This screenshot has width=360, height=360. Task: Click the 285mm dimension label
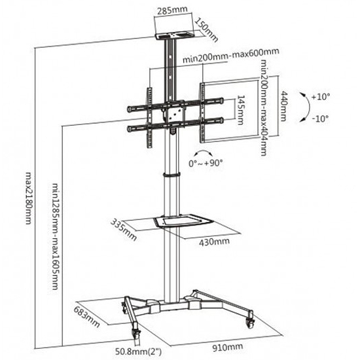(x=172, y=10)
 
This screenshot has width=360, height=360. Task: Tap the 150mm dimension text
(x=206, y=30)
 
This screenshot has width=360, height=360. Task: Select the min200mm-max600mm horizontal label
(x=231, y=56)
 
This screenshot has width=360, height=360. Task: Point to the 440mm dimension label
(x=284, y=106)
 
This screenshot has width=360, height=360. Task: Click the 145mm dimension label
(x=240, y=110)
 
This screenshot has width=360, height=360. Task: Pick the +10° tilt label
(x=321, y=97)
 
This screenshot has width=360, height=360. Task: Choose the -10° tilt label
(x=321, y=118)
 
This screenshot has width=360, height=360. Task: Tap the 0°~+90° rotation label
(x=206, y=163)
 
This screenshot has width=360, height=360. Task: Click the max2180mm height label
(x=28, y=198)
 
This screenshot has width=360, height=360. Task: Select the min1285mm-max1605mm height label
(x=55, y=236)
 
